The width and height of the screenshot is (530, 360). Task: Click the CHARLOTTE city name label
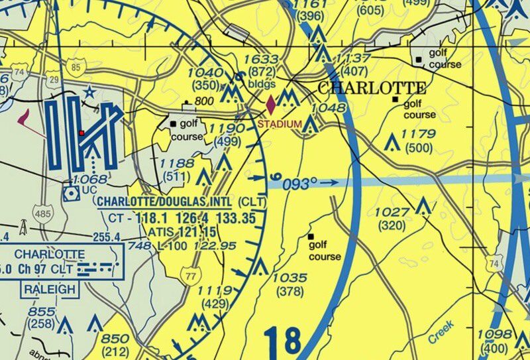click(372, 88)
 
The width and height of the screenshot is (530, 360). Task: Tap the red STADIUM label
click(280, 124)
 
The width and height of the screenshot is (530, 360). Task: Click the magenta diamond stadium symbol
click(271, 105)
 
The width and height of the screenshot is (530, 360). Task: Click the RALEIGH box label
click(50, 290)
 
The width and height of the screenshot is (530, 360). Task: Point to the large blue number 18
click(282, 341)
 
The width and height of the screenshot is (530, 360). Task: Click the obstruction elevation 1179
click(419, 135)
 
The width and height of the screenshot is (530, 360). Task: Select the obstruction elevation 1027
click(393, 211)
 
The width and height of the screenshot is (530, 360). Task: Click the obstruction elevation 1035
click(290, 278)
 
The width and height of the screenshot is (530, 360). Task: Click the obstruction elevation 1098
click(496, 333)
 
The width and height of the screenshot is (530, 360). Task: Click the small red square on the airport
click(81, 133)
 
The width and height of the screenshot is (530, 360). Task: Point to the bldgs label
click(262, 84)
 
